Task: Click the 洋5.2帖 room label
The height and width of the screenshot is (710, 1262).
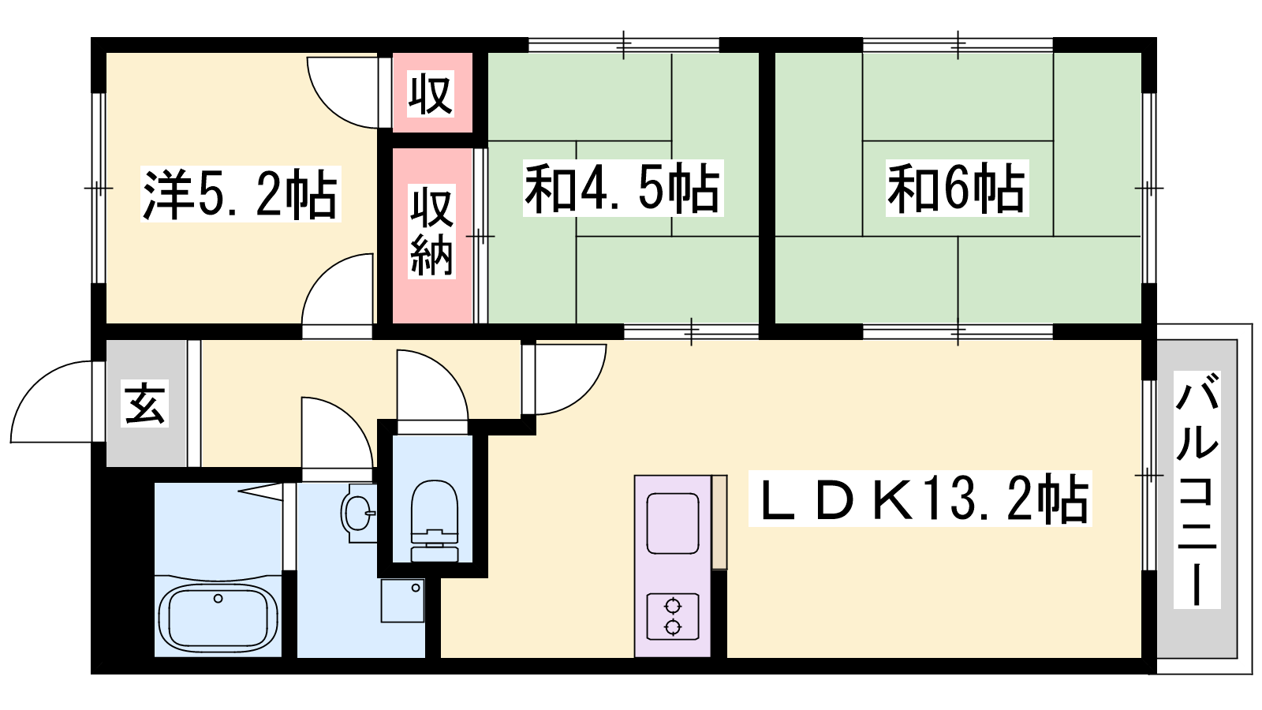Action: pos(240,194)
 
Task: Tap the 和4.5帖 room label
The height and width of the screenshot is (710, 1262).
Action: pos(623,189)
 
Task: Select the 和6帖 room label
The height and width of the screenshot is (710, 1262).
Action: pos(956,189)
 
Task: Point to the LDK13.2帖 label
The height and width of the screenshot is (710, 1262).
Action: pos(920,499)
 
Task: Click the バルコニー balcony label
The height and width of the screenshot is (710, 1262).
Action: pos(1197,489)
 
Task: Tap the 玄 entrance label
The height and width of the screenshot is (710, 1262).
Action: pos(145,404)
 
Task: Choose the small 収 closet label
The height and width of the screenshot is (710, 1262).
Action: pos(431,94)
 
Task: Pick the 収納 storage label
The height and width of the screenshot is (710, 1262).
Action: pos(431,232)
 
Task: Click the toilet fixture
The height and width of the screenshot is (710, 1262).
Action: pos(434,521)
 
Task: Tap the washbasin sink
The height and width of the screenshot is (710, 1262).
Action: pos(359,513)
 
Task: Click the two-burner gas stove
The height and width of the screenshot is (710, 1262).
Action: pos(673,616)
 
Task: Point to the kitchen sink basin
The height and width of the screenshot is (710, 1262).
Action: pos(673,523)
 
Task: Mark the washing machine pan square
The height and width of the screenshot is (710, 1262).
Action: pos(402,600)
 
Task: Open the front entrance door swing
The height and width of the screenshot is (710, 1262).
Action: pos(52,402)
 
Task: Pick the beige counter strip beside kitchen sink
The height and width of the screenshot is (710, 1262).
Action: pos(719,521)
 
